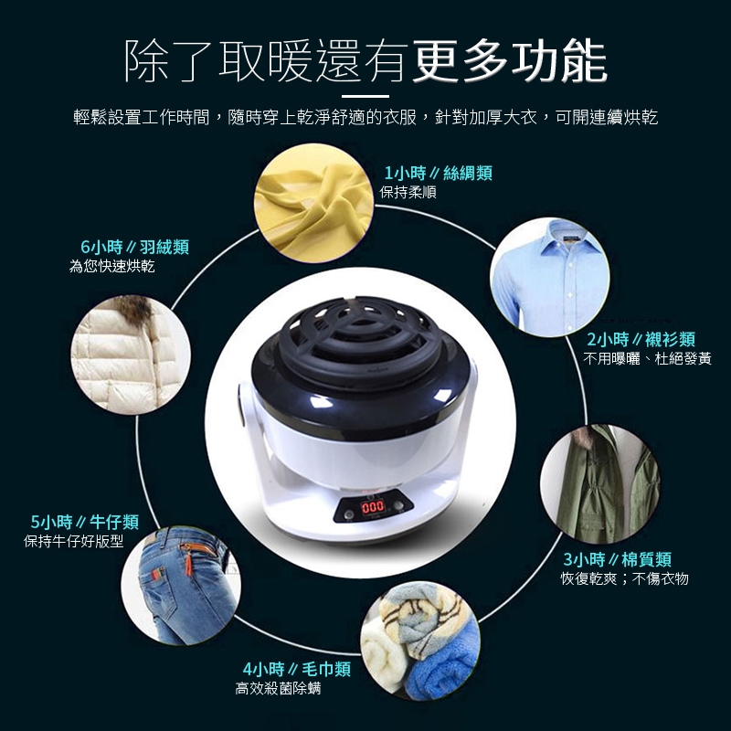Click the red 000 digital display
point(373,507)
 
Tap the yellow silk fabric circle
point(313,203)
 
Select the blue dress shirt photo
point(550,277)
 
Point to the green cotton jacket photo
point(600,484)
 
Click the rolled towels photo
point(420,641)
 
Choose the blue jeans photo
point(181,586)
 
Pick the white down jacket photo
point(131,355)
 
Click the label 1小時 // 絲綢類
point(438,174)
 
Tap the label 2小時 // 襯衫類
point(641,339)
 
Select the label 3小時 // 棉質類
point(618,559)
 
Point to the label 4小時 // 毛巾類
point(296,669)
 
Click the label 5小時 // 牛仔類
point(85,522)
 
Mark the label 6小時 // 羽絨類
point(134,247)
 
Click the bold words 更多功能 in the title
point(510,61)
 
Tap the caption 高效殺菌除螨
point(279,688)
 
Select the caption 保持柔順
point(408,192)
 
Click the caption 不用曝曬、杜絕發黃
point(647,358)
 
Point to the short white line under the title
point(365,97)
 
